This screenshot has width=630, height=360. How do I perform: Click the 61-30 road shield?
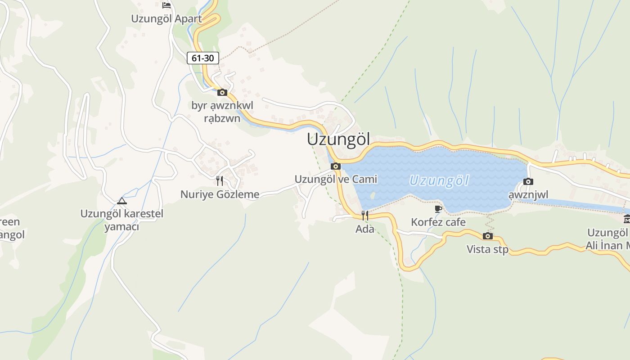tap(203, 58)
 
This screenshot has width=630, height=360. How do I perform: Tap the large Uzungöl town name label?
tap(338, 139)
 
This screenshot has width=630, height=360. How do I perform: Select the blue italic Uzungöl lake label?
tap(439, 181)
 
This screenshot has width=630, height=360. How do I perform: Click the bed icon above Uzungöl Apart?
tap(166, 5)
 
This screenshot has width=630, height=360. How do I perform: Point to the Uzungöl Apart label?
tap(166, 19)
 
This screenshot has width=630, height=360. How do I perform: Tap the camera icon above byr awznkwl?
tap(222, 93)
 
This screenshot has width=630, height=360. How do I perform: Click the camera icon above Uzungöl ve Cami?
tap(336, 166)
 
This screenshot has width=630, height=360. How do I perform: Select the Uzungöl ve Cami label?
tap(336, 179)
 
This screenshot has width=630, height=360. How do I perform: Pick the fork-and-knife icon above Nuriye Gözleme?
tap(220, 181)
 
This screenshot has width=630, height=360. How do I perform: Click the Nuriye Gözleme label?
tap(220, 194)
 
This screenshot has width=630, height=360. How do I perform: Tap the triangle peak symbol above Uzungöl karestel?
tap(121, 201)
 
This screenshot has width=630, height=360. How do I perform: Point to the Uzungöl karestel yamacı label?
tap(121, 220)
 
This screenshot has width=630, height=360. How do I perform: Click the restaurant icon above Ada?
tap(365, 216)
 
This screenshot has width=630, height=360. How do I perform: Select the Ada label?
tap(365, 229)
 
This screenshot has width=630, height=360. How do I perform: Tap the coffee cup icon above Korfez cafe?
tap(438, 209)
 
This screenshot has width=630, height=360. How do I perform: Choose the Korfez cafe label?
tap(438, 222)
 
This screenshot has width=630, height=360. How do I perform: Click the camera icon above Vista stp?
tap(487, 236)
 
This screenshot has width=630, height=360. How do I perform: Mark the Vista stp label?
tap(487, 249)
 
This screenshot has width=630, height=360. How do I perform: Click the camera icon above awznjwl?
tap(528, 182)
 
